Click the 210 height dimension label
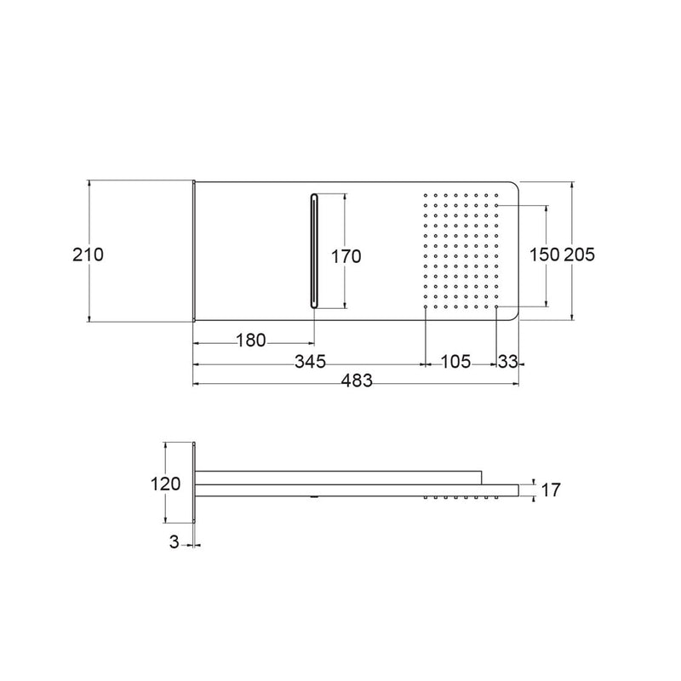coord(89,255)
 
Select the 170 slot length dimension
coord(346,256)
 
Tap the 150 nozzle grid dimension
coord(544,255)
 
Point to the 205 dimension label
coord(580,255)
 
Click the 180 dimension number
coord(251,340)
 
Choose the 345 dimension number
coord(310,361)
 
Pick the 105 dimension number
coord(455,361)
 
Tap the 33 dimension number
coord(507,361)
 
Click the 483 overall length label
coord(357,381)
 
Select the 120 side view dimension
coord(165,484)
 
